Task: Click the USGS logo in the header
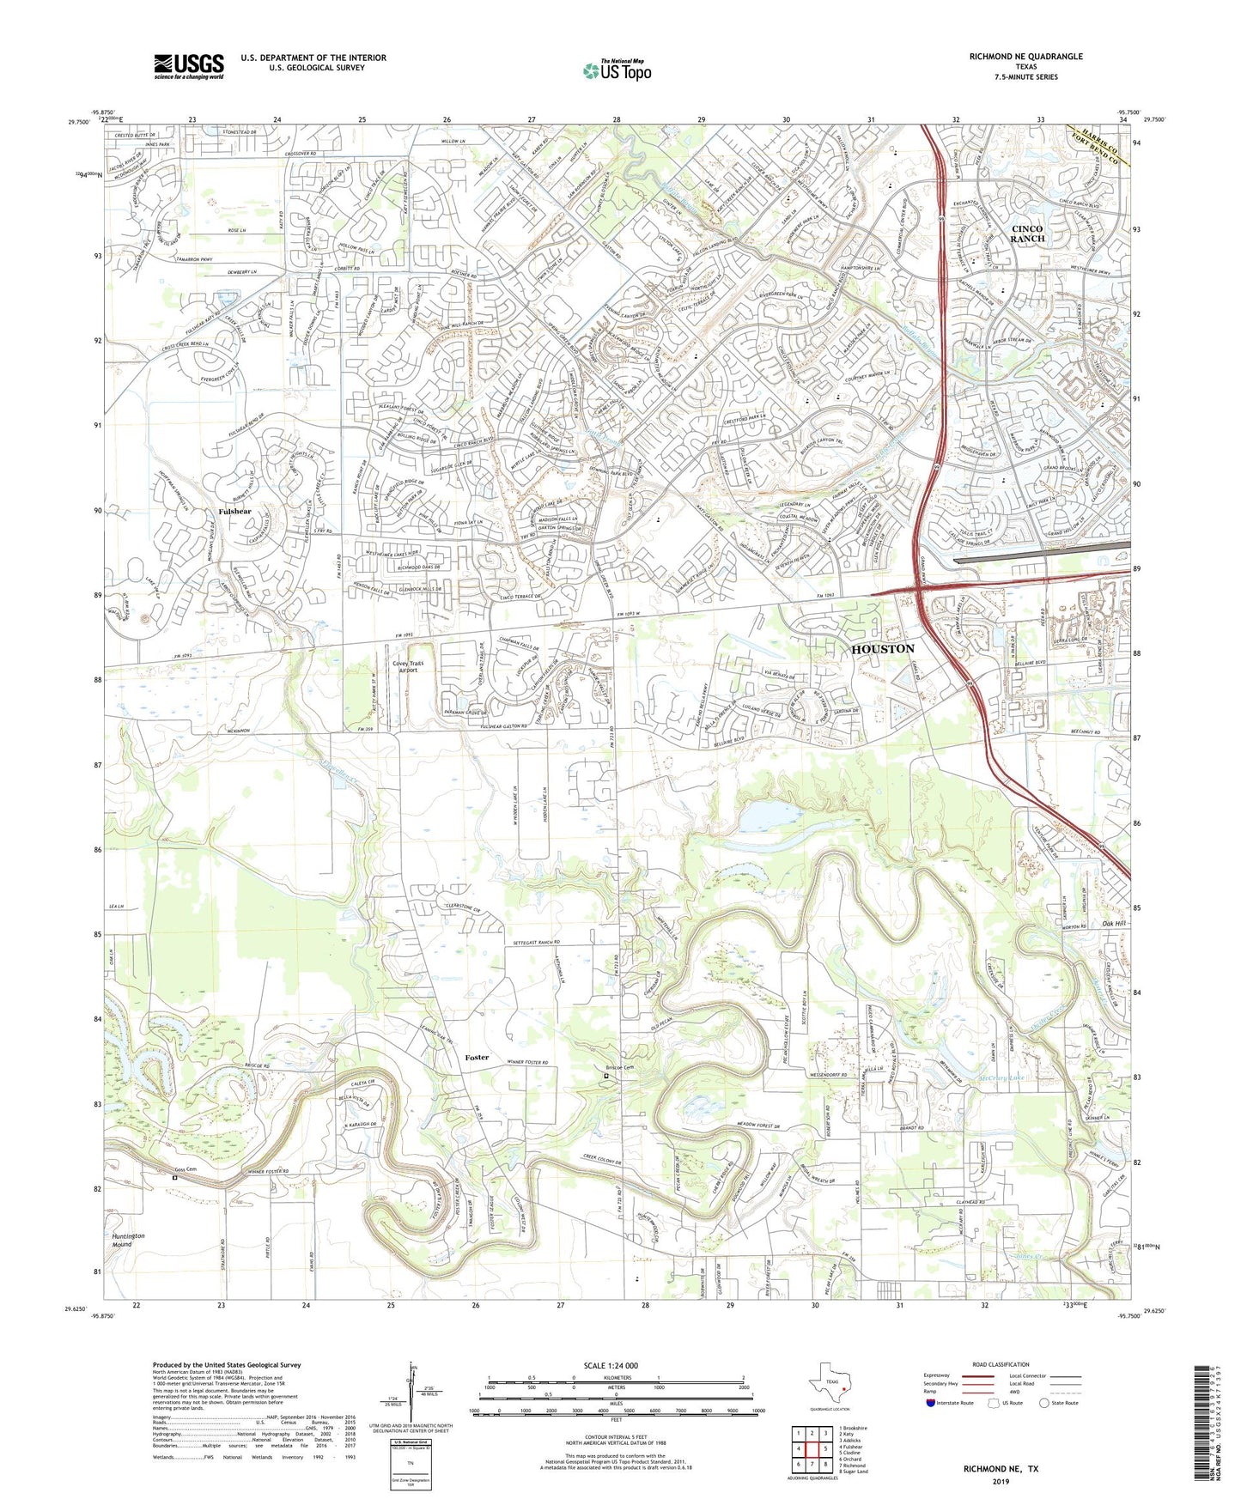point(189,66)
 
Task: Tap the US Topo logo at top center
point(616,70)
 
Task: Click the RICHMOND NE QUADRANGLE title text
point(1025,57)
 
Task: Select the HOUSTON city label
point(882,649)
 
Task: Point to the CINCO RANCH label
point(1027,234)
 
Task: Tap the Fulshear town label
point(234,511)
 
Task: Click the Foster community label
point(476,1057)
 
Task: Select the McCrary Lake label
point(1001,1077)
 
